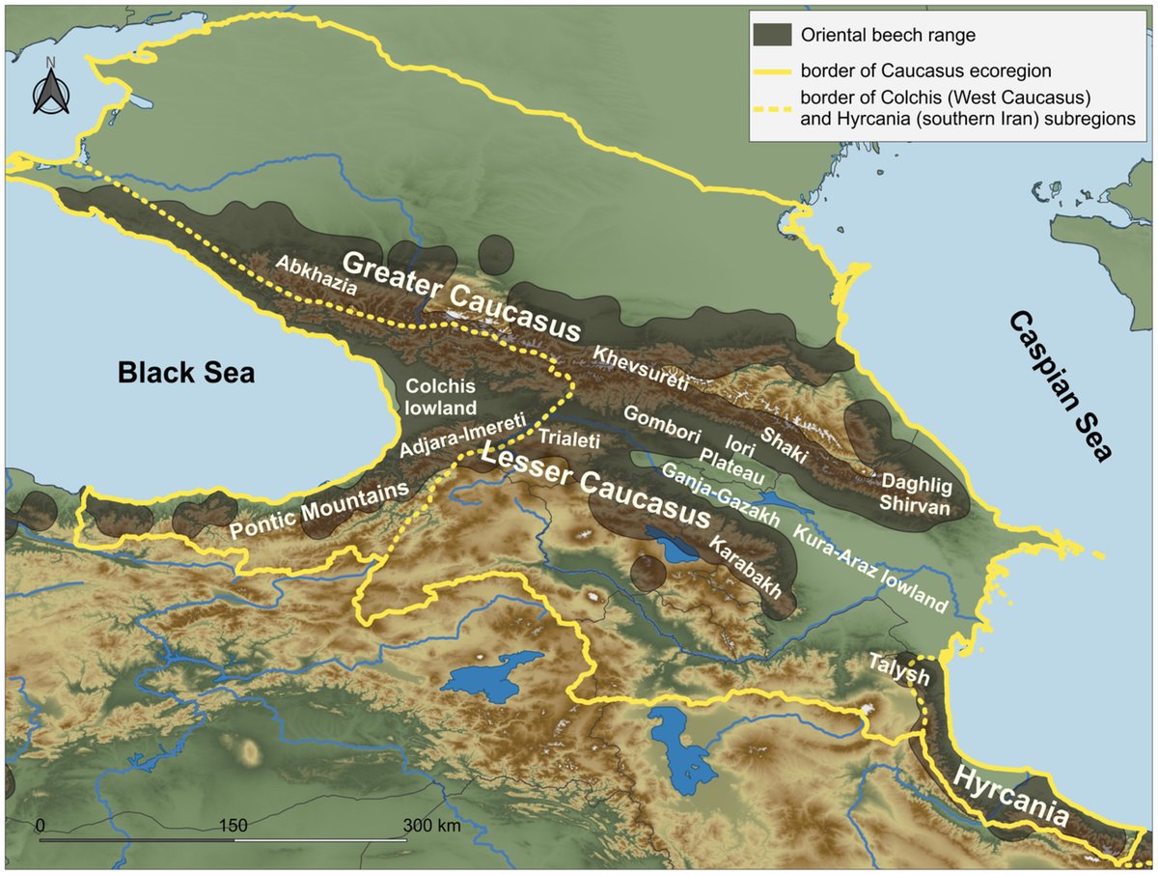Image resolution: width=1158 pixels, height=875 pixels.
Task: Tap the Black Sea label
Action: pyautogui.click(x=186, y=373)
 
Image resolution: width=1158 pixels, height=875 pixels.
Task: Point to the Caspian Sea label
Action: pyautogui.click(x=1061, y=386)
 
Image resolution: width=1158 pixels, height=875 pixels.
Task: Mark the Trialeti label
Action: pyautogui.click(x=569, y=439)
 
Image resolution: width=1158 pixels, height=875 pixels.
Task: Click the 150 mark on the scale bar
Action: pyautogui.click(x=234, y=827)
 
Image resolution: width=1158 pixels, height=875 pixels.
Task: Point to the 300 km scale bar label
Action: pyautogui.click(x=431, y=827)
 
